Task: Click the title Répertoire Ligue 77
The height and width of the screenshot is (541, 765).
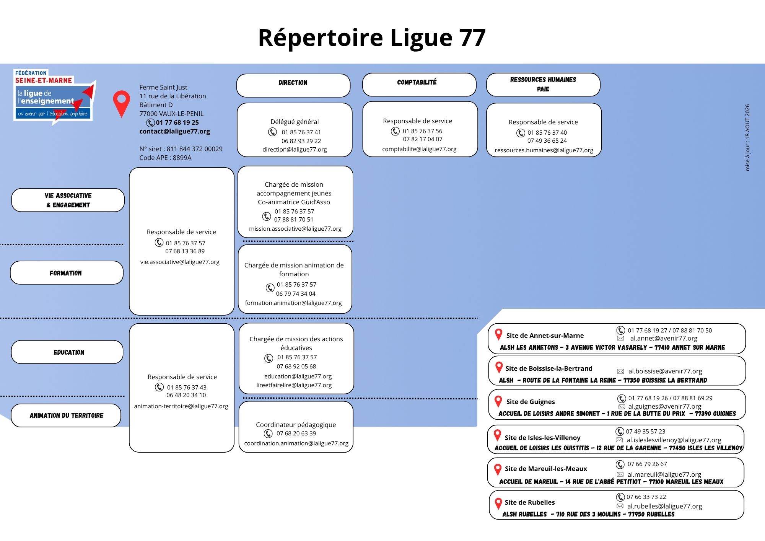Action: [x=372, y=38]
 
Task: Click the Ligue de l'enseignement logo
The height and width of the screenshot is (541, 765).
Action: [x=54, y=97]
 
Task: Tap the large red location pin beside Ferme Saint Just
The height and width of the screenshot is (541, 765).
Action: [x=122, y=104]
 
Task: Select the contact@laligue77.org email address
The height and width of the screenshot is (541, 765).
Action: [x=174, y=131]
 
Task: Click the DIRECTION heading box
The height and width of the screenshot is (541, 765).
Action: [x=293, y=85]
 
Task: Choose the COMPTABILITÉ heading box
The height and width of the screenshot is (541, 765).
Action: [x=419, y=85]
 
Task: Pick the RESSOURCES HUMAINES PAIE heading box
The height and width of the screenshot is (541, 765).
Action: [x=543, y=85]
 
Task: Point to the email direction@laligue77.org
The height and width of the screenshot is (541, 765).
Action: [x=295, y=150]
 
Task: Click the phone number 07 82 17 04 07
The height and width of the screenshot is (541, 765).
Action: [x=423, y=139]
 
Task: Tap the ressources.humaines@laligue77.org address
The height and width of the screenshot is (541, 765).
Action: [x=544, y=150]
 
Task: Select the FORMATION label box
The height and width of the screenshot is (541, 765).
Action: [x=67, y=273]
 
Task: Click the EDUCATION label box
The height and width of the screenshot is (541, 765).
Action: [x=67, y=352]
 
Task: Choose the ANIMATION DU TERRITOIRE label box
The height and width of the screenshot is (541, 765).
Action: [x=66, y=416]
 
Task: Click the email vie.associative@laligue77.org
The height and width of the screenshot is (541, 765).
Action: [x=180, y=262]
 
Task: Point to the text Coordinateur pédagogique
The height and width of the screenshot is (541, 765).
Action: [x=296, y=425]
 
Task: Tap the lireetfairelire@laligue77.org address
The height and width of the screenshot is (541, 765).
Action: [x=294, y=385]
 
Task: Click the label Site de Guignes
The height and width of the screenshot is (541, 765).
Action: [x=531, y=402]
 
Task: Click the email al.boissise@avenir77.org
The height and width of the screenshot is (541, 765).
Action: [x=665, y=371]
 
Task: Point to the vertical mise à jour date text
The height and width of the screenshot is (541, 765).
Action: [x=747, y=137]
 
